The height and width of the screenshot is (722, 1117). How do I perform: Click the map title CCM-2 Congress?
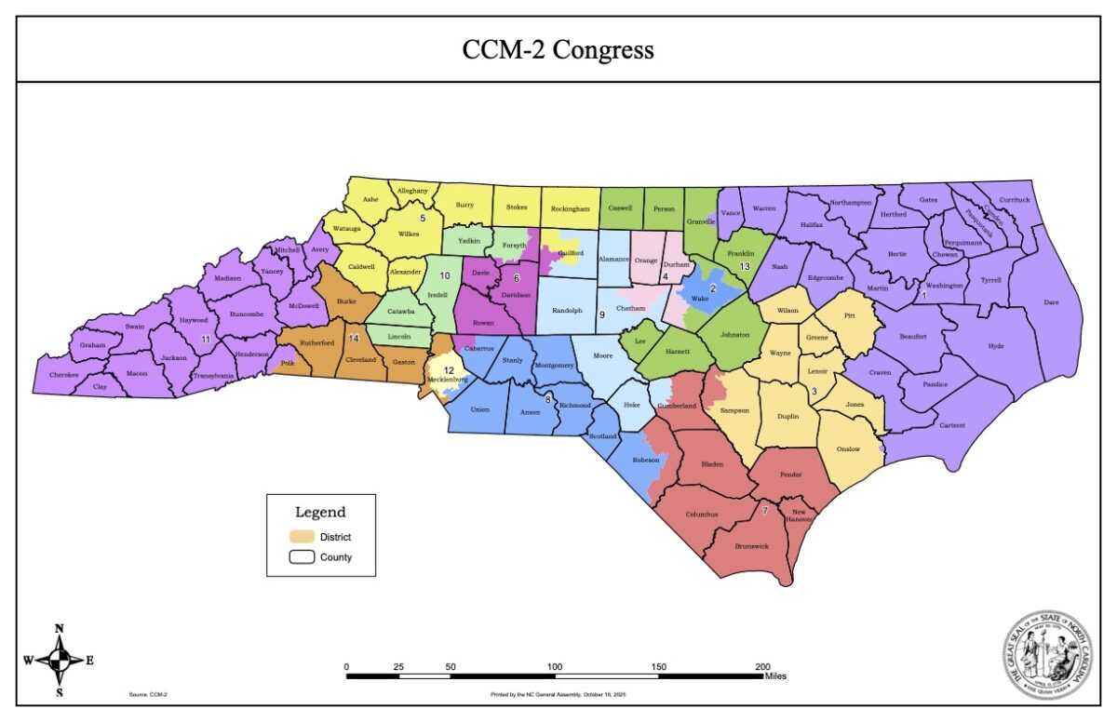(x=558, y=49)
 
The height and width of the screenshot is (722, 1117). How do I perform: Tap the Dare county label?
(x=1051, y=302)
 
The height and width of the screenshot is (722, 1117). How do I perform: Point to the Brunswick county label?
(x=751, y=546)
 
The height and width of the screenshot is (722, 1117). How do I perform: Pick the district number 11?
(x=205, y=340)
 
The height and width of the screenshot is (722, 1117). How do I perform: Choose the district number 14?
(x=353, y=339)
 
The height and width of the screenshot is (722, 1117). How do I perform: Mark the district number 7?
(x=765, y=511)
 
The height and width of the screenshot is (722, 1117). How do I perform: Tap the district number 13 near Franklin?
(x=744, y=266)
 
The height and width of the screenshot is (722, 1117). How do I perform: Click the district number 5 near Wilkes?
(x=423, y=218)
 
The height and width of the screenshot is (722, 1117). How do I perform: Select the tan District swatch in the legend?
(x=300, y=536)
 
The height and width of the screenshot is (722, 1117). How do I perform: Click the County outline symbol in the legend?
(x=300, y=557)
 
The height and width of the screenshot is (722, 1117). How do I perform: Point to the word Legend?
(x=320, y=512)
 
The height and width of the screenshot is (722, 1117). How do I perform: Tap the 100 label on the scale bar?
(x=555, y=666)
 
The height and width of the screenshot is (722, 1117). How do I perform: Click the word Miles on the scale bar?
(x=775, y=676)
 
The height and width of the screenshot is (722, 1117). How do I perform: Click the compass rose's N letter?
(x=60, y=629)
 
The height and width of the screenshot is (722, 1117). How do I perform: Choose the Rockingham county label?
(x=571, y=209)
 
